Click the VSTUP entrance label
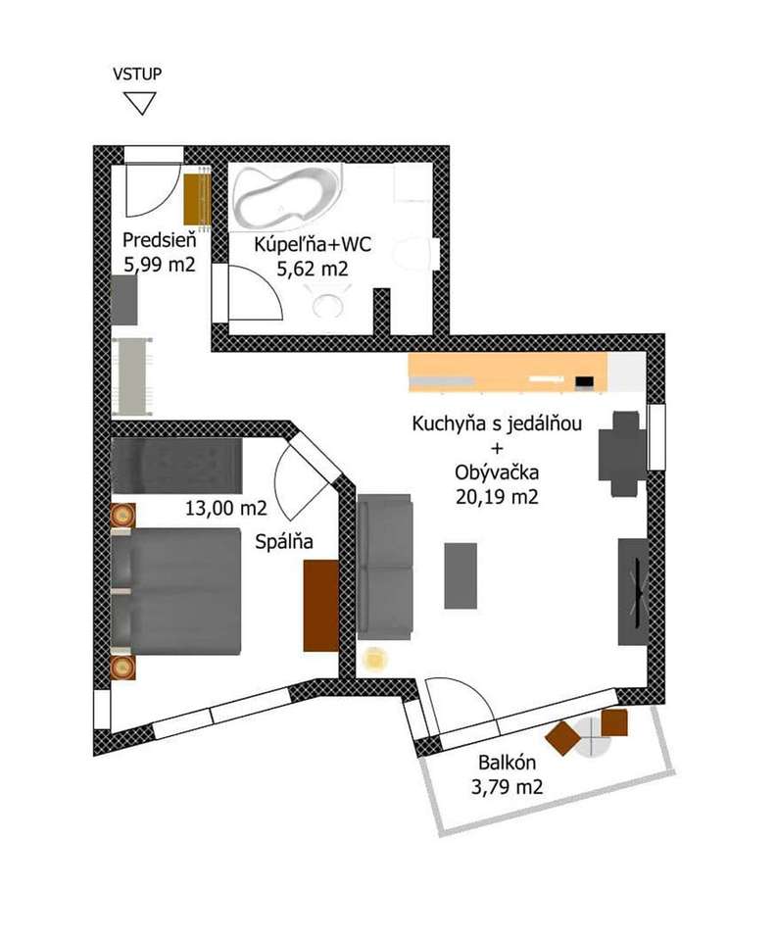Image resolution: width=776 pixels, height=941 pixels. pos(137,74)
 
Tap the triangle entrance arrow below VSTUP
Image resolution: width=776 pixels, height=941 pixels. pos(140,103)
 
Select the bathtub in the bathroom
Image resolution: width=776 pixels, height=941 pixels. pos(287,197)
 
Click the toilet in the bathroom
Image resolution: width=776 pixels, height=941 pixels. pos(413,253)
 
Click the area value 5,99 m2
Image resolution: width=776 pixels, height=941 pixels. pos(160,264)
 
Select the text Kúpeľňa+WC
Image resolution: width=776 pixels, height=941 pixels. pos(313,244)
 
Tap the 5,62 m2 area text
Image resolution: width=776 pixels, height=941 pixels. pos(312,269)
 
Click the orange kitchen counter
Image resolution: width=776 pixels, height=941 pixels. pos(508,372)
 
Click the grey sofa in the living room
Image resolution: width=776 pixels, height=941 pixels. pos(384,567)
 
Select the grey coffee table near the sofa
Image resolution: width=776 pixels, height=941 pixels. pos(461,575)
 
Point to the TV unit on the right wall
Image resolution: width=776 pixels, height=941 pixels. pos(633,592)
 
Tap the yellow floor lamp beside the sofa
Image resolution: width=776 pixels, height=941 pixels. pos(376,659)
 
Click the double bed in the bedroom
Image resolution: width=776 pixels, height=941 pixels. pos(176,591)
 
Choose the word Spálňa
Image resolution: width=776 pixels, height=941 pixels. pos(284,542)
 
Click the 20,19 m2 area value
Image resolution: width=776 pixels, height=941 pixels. pos(497,497)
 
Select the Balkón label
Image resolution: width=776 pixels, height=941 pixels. pos(507,763)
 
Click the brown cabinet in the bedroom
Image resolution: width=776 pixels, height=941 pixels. pos(320,606)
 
